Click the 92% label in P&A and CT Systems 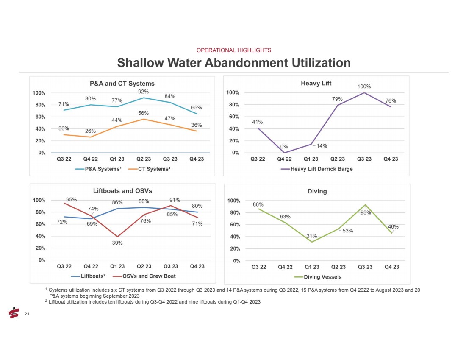pyautogui.click(x=143, y=91)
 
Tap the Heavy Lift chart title pyautogui.click(x=316, y=83)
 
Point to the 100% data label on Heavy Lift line pyautogui.click(x=364, y=86)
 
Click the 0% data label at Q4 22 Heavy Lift pyautogui.click(x=284, y=147)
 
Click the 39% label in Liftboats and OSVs pyautogui.click(x=117, y=243)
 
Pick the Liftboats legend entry pyautogui.click(x=91, y=276)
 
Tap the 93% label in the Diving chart pyautogui.click(x=366, y=213)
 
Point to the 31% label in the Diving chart pyautogui.click(x=312, y=236)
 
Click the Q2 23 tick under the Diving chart pyautogui.click(x=338, y=267)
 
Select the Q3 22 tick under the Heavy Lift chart pyautogui.click(x=258, y=159)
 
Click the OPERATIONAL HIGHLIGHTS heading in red pyautogui.click(x=234, y=50)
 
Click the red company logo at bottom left pyautogui.click(x=14, y=313)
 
